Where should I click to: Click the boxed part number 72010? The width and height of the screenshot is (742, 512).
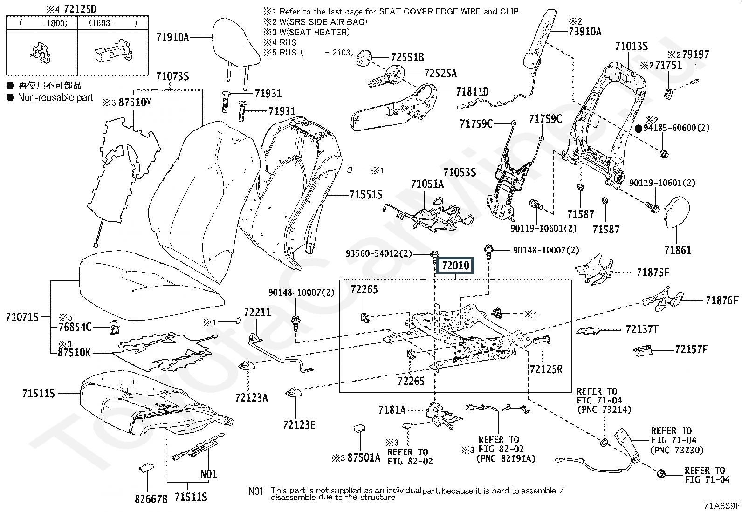pyautogui.click(x=455, y=266)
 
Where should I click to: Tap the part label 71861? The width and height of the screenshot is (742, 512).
pyautogui.click(x=678, y=250)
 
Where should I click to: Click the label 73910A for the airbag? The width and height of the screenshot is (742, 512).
pyautogui.click(x=585, y=32)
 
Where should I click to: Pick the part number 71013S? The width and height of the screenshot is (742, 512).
pyautogui.click(x=631, y=46)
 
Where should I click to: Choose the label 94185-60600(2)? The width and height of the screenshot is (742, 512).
pyautogui.click(x=677, y=128)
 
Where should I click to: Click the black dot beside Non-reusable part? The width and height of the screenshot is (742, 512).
pyautogui.click(x=10, y=98)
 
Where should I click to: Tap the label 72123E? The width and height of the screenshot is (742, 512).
pyautogui.click(x=299, y=424)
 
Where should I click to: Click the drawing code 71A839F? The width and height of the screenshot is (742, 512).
pyautogui.click(x=722, y=506)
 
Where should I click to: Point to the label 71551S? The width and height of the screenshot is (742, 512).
pyautogui.click(x=366, y=195)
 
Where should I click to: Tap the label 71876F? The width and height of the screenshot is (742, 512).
pyautogui.click(x=722, y=300)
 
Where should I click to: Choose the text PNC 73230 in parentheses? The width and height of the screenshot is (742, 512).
pyautogui.click(x=677, y=450)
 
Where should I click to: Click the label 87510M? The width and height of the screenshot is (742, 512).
pyautogui.click(x=135, y=102)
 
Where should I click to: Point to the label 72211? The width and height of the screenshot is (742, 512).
pyautogui.click(x=257, y=312)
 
